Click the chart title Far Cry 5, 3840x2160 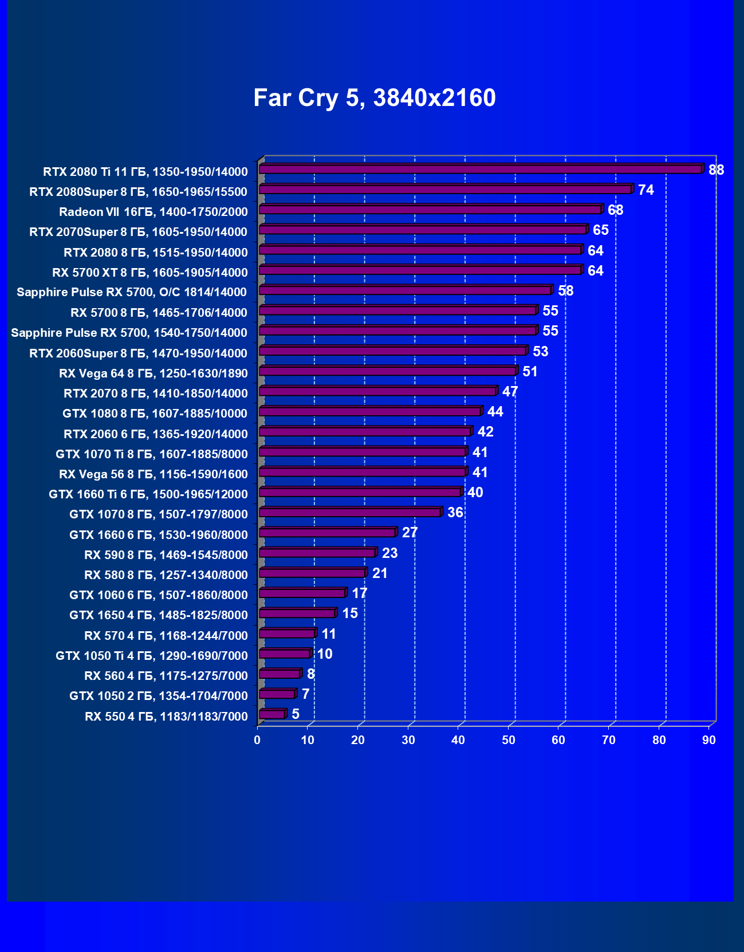[375, 98]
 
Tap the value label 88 [716, 170]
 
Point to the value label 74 [645, 190]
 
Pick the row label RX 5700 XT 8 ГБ [150, 273]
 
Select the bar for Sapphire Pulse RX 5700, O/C [405, 290]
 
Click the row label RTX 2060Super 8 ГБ [139, 353]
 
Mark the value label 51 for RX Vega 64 [530, 372]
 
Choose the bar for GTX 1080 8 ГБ [370, 411]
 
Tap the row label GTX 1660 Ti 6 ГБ [148, 494]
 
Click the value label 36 [455, 513]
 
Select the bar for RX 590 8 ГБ [317, 553]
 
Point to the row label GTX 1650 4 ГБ [159, 615]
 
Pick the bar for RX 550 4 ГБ [272, 714]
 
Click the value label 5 [296, 714]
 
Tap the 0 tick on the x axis [257, 740]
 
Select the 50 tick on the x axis [509, 740]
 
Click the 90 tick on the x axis [709, 740]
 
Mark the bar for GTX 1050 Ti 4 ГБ [285, 654]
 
